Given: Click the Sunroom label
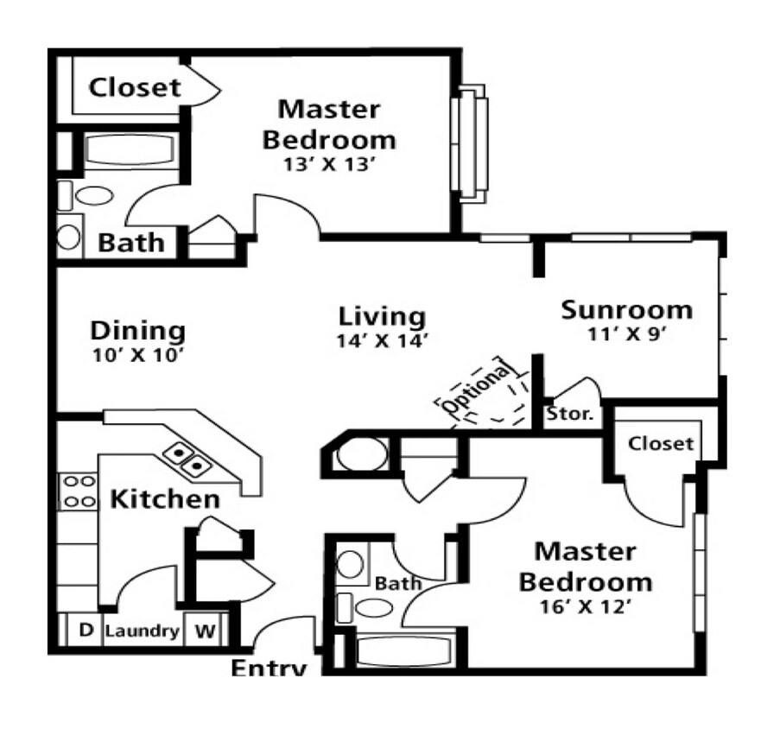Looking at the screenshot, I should pos(626,309).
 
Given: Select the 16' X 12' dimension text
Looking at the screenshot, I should pos(584,606).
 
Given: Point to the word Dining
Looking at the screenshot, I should pos(138,330).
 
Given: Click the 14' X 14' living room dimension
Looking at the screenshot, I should pos(383,340).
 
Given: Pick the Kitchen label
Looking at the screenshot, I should pos(164,498).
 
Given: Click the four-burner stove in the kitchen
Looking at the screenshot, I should pos(78,491).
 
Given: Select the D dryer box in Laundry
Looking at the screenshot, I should pos(86,631).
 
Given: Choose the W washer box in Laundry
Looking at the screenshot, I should pos(204,631).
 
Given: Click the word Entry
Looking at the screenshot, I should pos(269,668).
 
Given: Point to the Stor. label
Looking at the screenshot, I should pos(570,414).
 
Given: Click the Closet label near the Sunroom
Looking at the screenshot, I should pos(661,443).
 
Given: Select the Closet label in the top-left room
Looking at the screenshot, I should pos(136,87).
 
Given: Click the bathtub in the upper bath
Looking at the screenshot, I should pos(130,150).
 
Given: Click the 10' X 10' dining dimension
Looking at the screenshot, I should pos(138,354).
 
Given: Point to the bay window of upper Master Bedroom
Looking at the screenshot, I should pos(473,143).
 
